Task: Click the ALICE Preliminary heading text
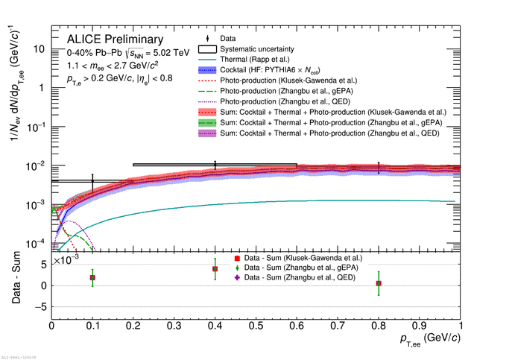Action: pyautogui.click(x=114, y=39)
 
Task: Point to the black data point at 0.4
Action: pyautogui.click(x=215, y=165)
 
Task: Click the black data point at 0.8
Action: pyautogui.click(x=379, y=168)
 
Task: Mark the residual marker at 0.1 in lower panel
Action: pyautogui.click(x=92, y=277)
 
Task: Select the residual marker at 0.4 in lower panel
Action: pyautogui.click(x=215, y=269)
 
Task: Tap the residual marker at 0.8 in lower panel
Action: pyautogui.click(x=379, y=283)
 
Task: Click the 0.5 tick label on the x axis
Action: pyautogui.click(x=256, y=326)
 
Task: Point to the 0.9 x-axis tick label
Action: pyautogui.click(x=420, y=326)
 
